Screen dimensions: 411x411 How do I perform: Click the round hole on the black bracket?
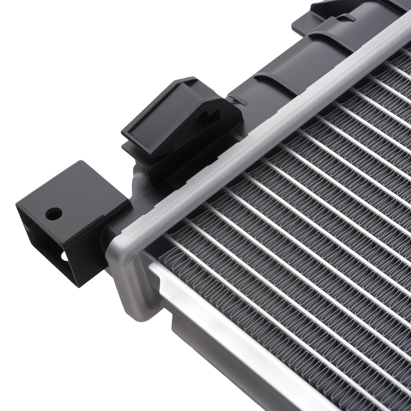point(54,213)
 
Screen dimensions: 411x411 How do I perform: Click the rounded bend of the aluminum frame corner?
point(119,251)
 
